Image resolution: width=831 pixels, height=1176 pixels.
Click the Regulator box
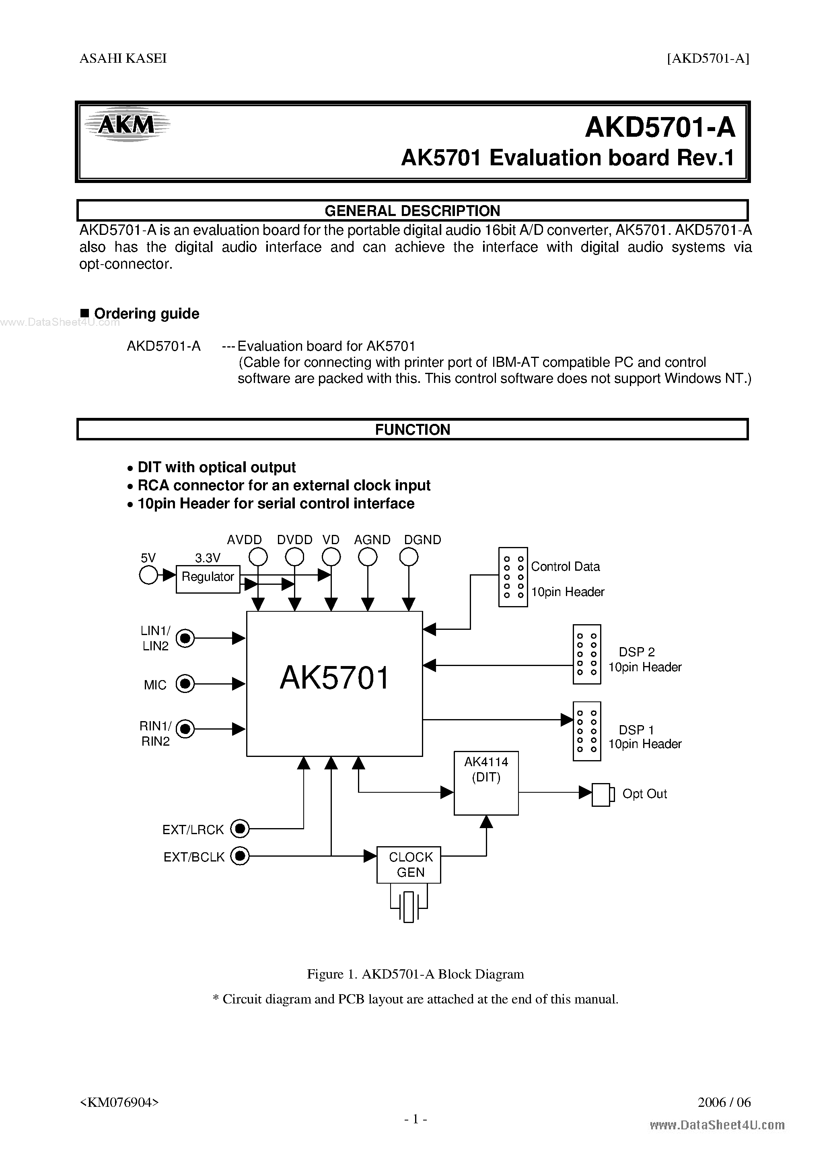click(x=208, y=579)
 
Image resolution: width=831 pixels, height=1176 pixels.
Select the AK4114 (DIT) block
click(x=486, y=783)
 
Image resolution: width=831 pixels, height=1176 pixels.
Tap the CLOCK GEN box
click(x=408, y=865)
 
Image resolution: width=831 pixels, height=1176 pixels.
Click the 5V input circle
click(x=148, y=575)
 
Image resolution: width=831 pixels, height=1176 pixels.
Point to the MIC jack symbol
click(x=185, y=684)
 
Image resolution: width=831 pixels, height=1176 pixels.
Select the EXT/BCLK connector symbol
click(x=239, y=856)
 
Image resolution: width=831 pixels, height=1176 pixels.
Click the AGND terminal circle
click(x=367, y=557)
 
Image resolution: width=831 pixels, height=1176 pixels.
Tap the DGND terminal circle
click(x=408, y=557)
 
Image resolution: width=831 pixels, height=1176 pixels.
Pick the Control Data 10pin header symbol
click(x=513, y=577)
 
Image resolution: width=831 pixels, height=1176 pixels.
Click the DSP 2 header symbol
click(x=586, y=654)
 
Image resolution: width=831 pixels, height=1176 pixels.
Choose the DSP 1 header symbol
click(x=586, y=731)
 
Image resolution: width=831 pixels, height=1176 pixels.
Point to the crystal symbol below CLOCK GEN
click(x=408, y=907)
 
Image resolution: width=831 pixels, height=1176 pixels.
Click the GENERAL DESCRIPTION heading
click(x=412, y=210)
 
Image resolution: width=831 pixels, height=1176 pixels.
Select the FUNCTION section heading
click(x=412, y=429)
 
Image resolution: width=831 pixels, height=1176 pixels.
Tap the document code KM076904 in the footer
click(x=119, y=1102)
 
